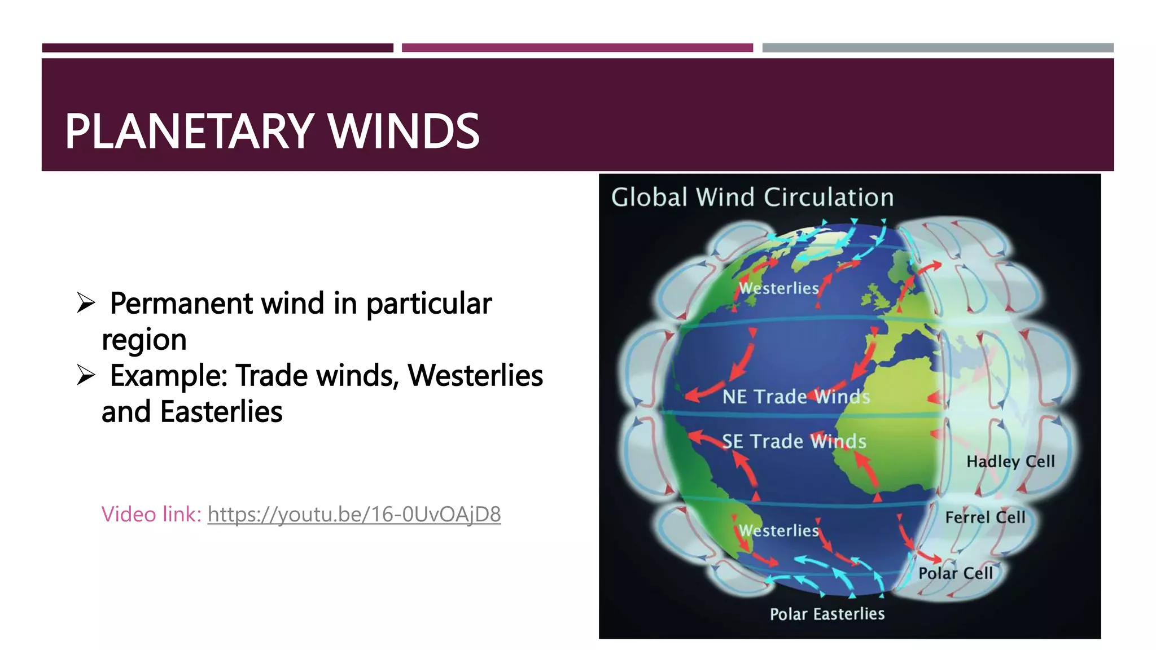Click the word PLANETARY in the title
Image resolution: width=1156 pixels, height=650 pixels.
(x=189, y=131)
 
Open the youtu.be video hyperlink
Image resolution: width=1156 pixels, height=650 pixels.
(x=354, y=515)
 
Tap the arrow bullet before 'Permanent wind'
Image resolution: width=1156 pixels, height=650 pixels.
(x=86, y=303)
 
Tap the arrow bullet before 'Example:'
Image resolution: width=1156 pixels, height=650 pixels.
(x=86, y=375)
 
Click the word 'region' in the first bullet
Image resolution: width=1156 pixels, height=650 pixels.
(x=144, y=340)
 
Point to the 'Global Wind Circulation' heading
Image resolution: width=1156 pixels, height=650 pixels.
(x=752, y=197)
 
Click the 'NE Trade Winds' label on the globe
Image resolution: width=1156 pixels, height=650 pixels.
(x=796, y=397)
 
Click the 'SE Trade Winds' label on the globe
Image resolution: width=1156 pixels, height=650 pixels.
(x=794, y=441)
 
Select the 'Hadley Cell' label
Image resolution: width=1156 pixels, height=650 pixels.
(x=1010, y=462)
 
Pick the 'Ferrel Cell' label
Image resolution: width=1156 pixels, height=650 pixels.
(x=985, y=517)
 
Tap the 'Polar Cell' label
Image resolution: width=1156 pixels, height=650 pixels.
(x=955, y=573)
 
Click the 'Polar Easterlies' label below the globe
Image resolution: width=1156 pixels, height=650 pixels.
(x=827, y=614)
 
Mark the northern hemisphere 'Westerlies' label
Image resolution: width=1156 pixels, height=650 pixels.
(x=778, y=288)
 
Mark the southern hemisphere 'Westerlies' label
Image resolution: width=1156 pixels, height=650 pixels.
(x=778, y=530)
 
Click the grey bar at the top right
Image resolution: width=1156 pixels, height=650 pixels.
(x=938, y=48)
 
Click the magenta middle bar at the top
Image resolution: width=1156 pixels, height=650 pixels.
(x=577, y=48)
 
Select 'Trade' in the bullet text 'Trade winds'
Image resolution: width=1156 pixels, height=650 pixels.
(x=271, y=376)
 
